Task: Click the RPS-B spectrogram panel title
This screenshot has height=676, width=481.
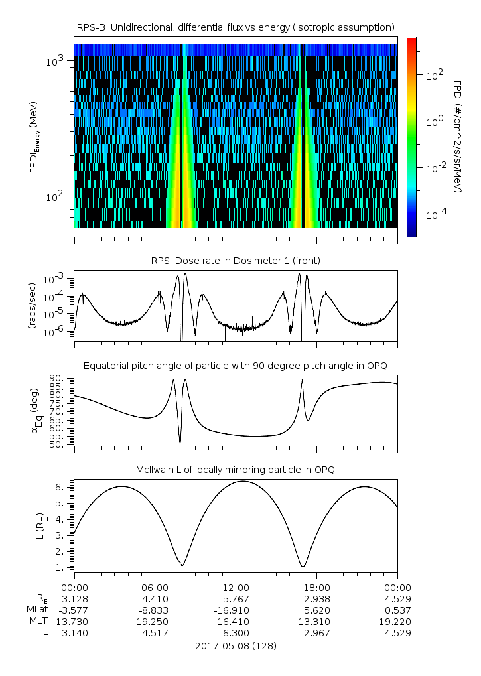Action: pyautogui.click(x=236, y=27)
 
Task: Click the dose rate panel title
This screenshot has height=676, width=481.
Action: pyautogui.click(x=236, y=261)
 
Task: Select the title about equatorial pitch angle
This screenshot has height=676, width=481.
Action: pyautogui.click(x=236, y=366)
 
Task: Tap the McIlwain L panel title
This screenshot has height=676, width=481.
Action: pyautogui.click(x=236, y=470)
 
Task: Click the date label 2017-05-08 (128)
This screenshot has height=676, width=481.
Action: pyautogui.click(x=236, y=645)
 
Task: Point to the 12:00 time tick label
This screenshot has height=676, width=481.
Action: pyautogui.click(x=236, y=587)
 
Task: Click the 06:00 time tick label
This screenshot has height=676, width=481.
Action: pyautogui.click(x=155, y=587)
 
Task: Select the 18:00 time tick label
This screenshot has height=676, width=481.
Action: pyautogui.click(x=316, y=587)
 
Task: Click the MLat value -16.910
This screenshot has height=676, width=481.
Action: pyautogui.click(x=236, y=610)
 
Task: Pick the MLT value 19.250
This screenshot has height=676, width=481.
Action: pyautogui.click(x=155, y=621)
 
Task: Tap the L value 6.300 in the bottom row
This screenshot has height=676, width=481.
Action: pyautogui.click(x=236, y=632)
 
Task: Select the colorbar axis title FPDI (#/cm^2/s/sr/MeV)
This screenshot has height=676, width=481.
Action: pyautogui.click(x=457, y=136)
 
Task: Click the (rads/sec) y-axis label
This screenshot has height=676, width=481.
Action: pyautogui.click(x=33, y=307)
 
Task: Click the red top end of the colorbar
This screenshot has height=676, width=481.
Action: pyautogui.click(x=411, y=41)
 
